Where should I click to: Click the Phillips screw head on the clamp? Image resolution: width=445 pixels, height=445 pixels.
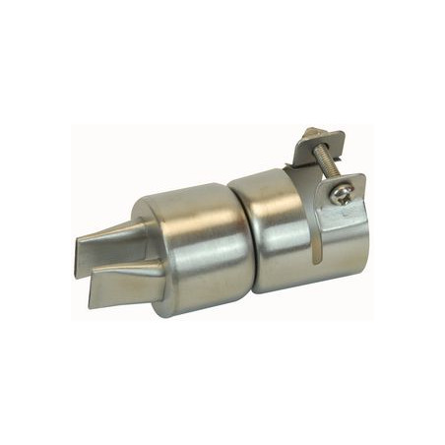click(341, 194)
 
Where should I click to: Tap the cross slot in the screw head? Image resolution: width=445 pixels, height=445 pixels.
click(341, 194)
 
